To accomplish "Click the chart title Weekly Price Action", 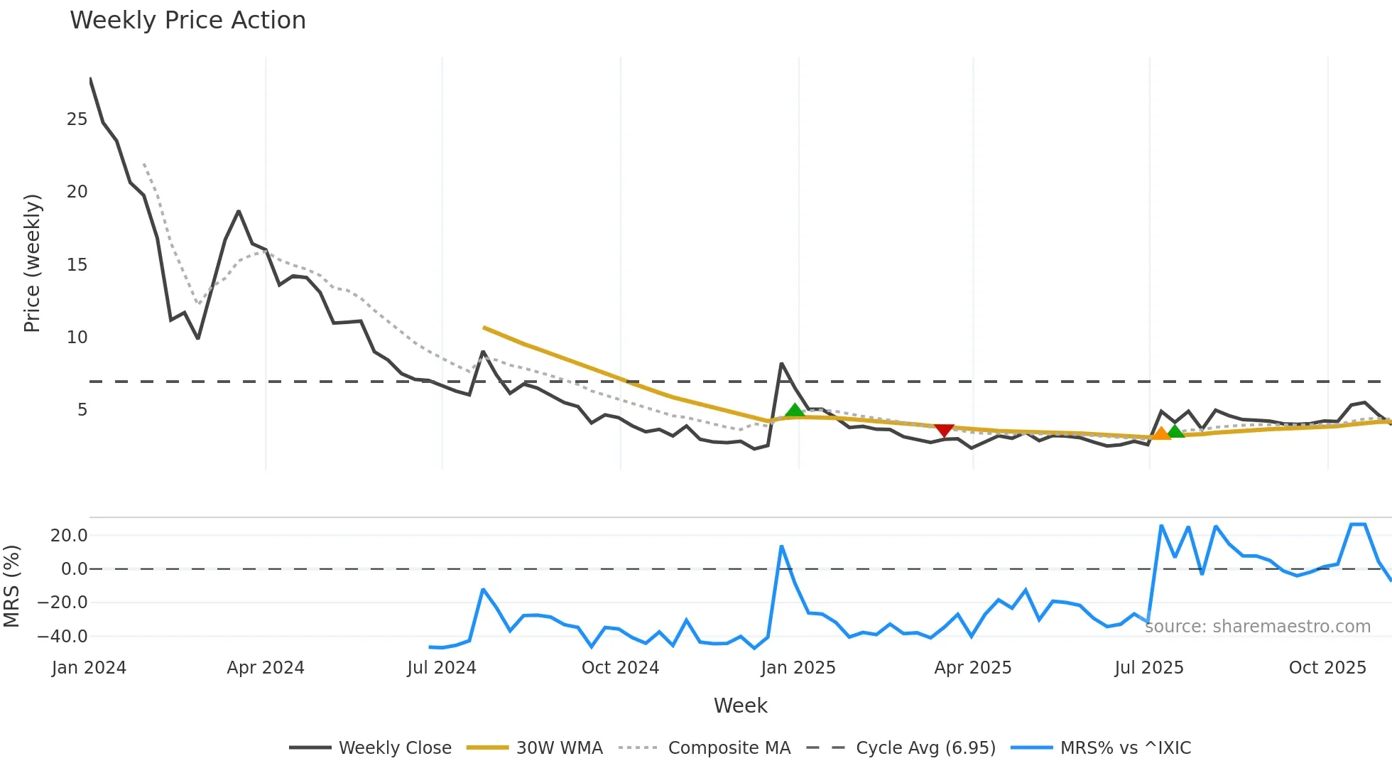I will point(187,21).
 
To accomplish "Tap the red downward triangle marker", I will point(944,431).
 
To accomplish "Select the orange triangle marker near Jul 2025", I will point(1160,433).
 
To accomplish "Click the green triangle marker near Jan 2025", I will point(795,410).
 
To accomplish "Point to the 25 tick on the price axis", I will point(77,119).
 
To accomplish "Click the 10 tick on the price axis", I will point(77,337).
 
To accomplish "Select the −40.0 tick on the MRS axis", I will point(62,637).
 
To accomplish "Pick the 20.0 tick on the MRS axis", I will point(68,536).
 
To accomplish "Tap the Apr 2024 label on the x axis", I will point(266,668).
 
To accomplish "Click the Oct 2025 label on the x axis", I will point(1327,668).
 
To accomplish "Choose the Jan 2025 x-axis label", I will point(798,668).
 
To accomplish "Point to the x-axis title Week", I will point(740,706).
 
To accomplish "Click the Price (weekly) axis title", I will point(32,263).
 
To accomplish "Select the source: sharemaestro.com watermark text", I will point(1258,627).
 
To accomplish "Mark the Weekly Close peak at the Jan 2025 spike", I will point(782,364).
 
